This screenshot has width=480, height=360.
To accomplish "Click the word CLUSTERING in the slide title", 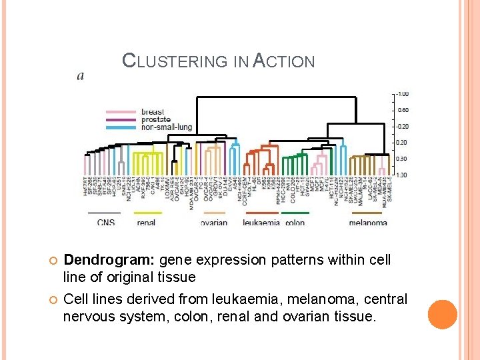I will (175, 61).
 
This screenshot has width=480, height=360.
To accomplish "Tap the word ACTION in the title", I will (283, 61).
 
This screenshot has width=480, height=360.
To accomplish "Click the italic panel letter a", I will (81, 76).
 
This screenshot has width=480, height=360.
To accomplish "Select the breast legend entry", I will (153, 111).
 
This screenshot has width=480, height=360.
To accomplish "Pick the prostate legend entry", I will (157, 119).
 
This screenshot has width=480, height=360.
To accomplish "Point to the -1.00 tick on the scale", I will (402, 94).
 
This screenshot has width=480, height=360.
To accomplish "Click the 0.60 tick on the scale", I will (403, 110).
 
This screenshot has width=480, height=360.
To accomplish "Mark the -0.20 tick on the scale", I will (402, 126).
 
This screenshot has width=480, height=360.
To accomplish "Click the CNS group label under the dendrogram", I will (105, 222).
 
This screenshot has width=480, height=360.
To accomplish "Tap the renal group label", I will (146, 222).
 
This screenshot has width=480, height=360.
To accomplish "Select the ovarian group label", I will (213, 222).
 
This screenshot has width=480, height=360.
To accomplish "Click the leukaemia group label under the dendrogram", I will (261, 222).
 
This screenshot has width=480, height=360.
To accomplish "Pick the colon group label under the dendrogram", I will (295, 222).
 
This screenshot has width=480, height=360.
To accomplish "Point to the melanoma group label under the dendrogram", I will (367, 222).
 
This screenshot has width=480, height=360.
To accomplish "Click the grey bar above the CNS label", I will (104, 213).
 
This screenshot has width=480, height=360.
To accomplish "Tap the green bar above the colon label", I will (295, 213).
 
